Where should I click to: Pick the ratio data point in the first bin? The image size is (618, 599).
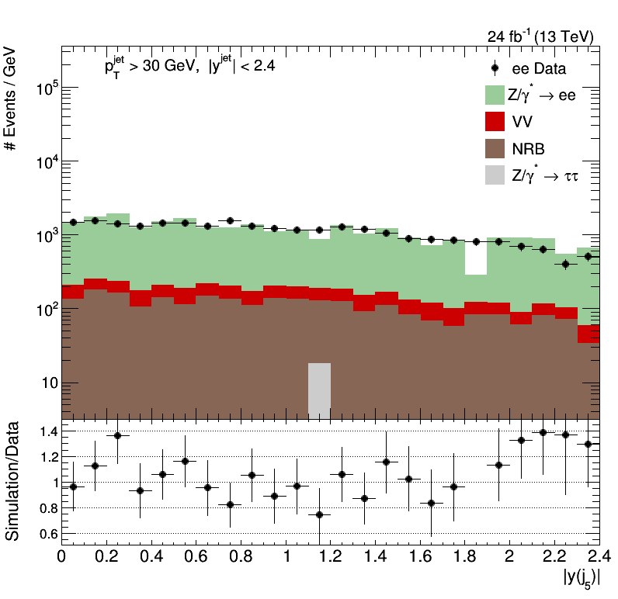click(x=73, y=486)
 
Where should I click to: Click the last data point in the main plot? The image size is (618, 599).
click(x=588, y=256)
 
